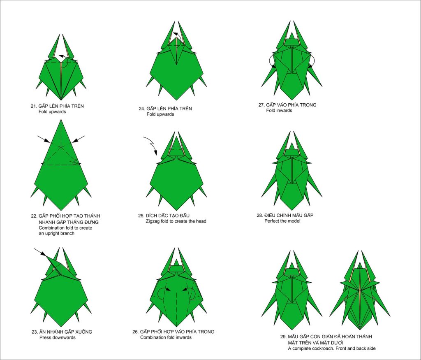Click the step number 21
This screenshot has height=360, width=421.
pos(33,106)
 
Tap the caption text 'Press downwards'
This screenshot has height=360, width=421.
pos(58,338)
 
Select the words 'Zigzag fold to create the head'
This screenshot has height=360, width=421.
pos(176,221)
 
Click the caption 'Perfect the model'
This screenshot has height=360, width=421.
pos(282,221)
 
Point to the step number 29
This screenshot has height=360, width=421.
pos(283,337)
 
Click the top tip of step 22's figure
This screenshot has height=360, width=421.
pos(61,120)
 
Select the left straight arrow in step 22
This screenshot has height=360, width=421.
pos(44,139)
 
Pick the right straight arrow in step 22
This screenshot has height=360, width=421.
pos(79,139)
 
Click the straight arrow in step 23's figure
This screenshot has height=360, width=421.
pos(40,252)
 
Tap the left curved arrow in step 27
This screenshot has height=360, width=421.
pos(272,61)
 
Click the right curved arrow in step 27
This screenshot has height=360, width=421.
pos(312,61)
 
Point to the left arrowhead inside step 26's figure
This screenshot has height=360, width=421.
pos(168,290)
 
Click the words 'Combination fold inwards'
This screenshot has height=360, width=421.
pos(166,337)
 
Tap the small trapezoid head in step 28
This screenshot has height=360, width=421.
pos(291,153)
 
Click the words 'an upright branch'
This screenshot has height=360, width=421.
pos(56,233)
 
